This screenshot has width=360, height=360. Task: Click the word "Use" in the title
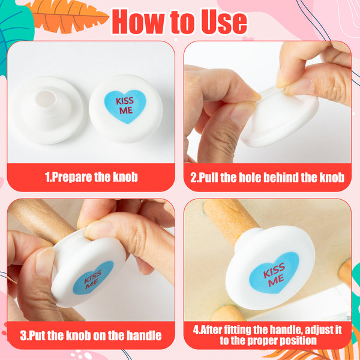pos(224,22)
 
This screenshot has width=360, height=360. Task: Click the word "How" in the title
pos(138,22)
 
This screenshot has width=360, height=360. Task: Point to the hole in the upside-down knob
pos(46,99)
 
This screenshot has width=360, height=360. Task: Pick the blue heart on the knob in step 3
pos(93,278)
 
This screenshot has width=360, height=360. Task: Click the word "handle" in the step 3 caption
pos(144,335)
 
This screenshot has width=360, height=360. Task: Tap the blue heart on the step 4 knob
pos(274,272)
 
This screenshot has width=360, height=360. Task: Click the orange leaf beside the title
pos(67,16)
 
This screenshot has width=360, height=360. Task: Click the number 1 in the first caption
pos(47,177)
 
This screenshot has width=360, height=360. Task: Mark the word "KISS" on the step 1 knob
pos(125,101)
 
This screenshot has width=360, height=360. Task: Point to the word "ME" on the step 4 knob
pos(276,281)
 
